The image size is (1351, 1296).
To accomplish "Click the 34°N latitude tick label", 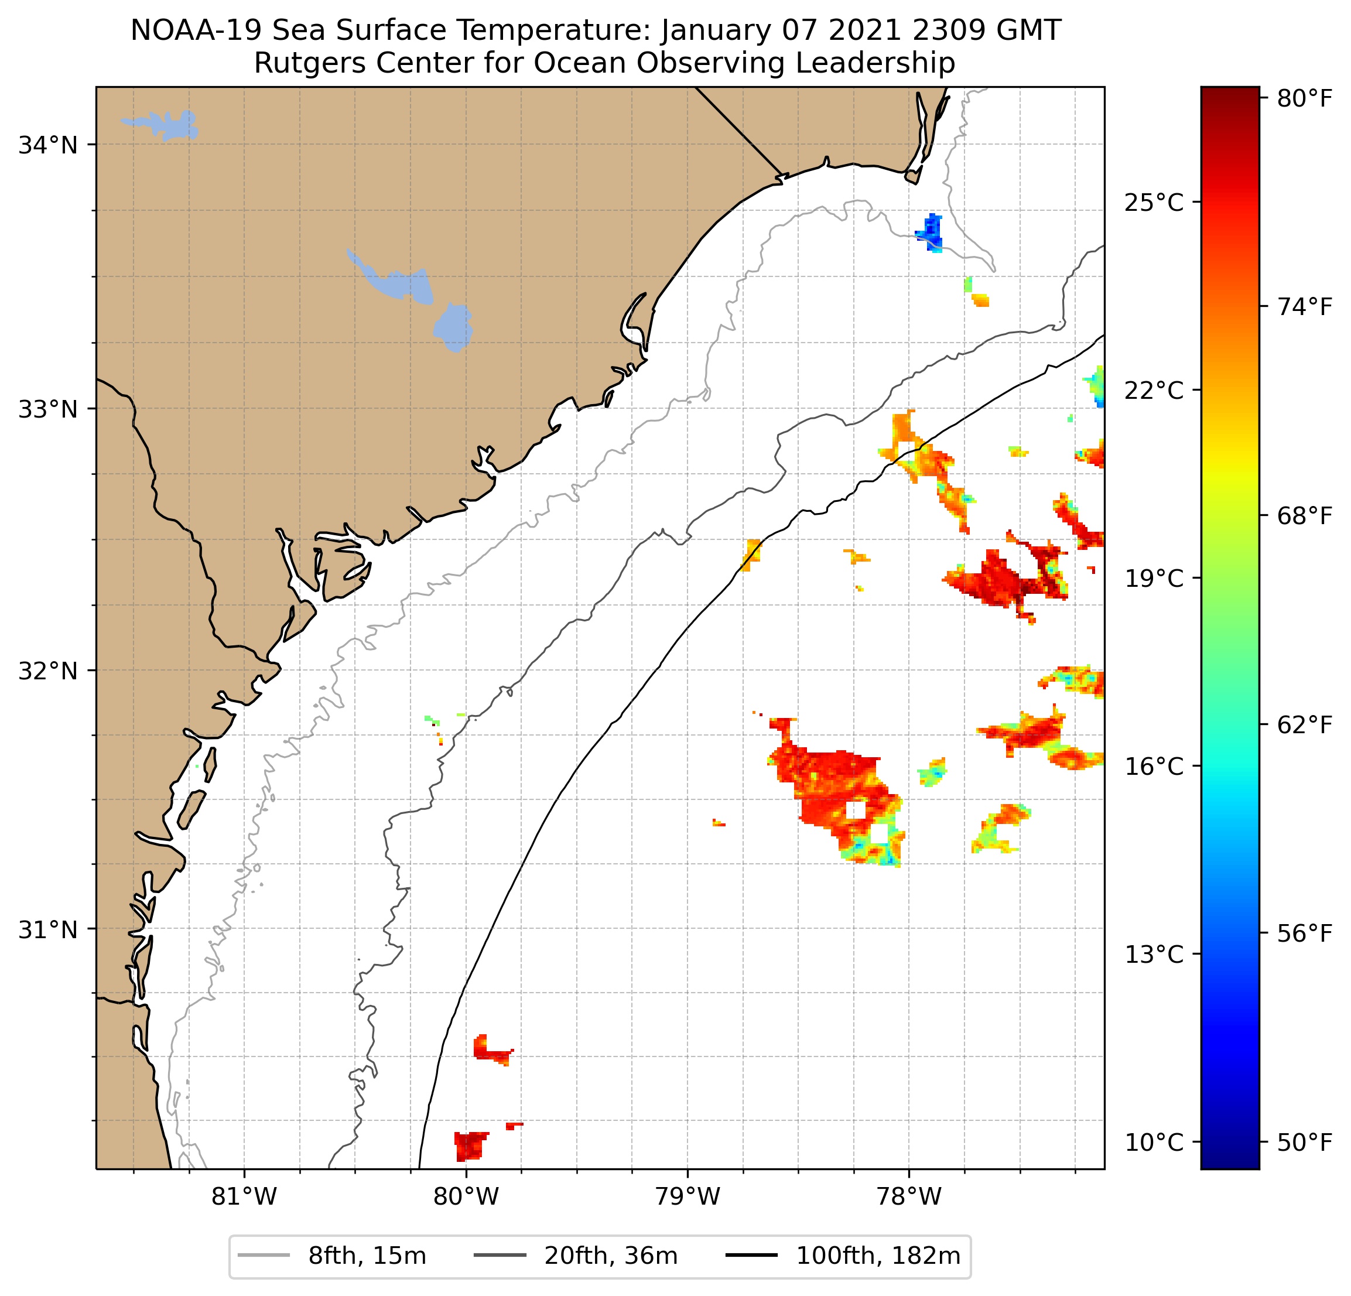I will coord(47,145).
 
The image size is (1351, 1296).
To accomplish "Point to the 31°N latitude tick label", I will coord(47,930).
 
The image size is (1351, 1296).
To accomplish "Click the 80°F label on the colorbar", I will coord(1304,98).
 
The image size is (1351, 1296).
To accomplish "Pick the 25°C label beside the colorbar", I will coord(1153,203).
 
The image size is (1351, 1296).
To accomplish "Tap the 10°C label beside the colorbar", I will coord(1153,1143).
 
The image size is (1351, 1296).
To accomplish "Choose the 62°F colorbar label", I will coord(1304,724).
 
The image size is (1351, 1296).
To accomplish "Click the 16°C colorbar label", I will coord(1153,766).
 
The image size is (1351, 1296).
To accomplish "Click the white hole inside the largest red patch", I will coord(856,809).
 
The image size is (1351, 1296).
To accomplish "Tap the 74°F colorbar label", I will coord(1304,307).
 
